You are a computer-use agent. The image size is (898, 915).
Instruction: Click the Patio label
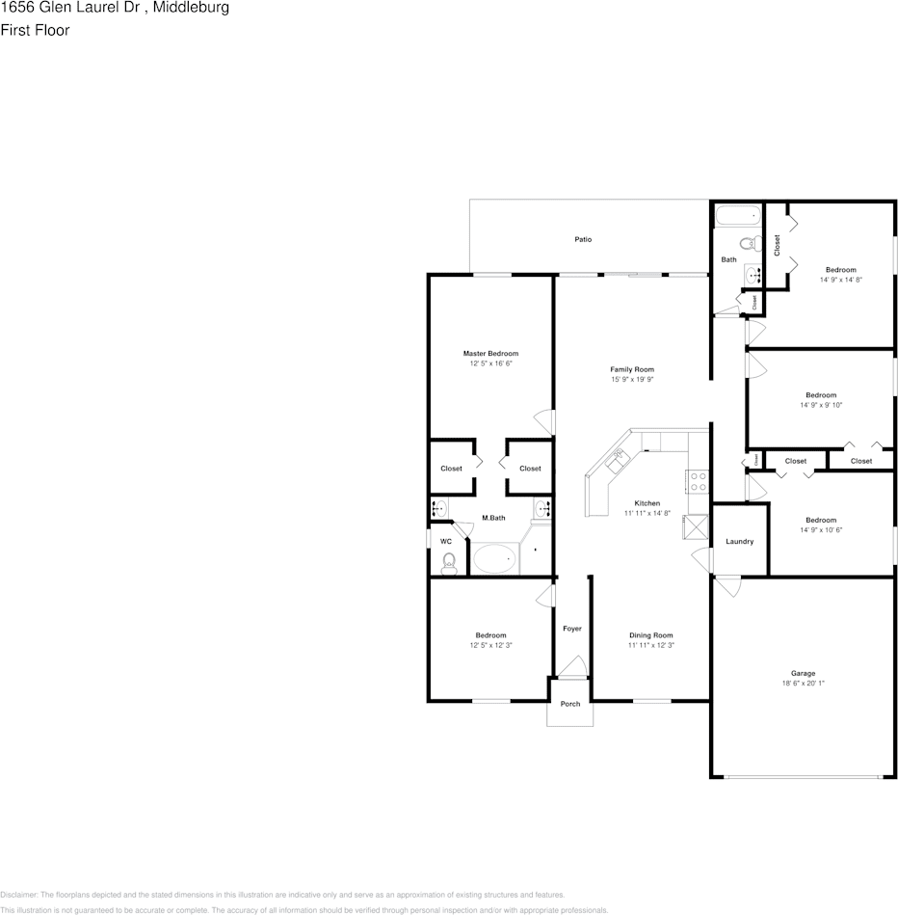[x=583, y=239]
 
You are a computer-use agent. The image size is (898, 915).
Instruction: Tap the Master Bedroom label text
[x=490, y=354]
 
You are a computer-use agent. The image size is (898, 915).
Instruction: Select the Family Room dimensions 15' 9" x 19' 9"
[x=632, y=380]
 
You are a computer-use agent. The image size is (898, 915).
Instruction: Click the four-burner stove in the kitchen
[x=698, y=481]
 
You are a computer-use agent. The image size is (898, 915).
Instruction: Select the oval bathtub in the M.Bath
[x=494, y=559]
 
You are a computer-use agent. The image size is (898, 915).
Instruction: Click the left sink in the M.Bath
[x=440, y=507]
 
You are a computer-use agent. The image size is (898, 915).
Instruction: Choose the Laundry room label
[x=739, y=542]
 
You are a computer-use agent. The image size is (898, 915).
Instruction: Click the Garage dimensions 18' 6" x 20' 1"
[x=804, y=684]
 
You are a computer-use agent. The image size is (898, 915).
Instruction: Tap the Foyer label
[x=572, y=629]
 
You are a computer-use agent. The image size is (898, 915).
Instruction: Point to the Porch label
[x=570, y=704]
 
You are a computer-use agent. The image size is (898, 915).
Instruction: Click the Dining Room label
[x=650, y=635]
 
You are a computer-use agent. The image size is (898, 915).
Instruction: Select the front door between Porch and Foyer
[x=571, y=668]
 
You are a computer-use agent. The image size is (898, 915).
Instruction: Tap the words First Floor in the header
[x=35, y=30]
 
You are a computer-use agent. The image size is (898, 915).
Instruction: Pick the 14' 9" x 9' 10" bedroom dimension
[x=821, y=405]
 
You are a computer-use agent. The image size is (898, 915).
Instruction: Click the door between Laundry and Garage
[x=726, y=584]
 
